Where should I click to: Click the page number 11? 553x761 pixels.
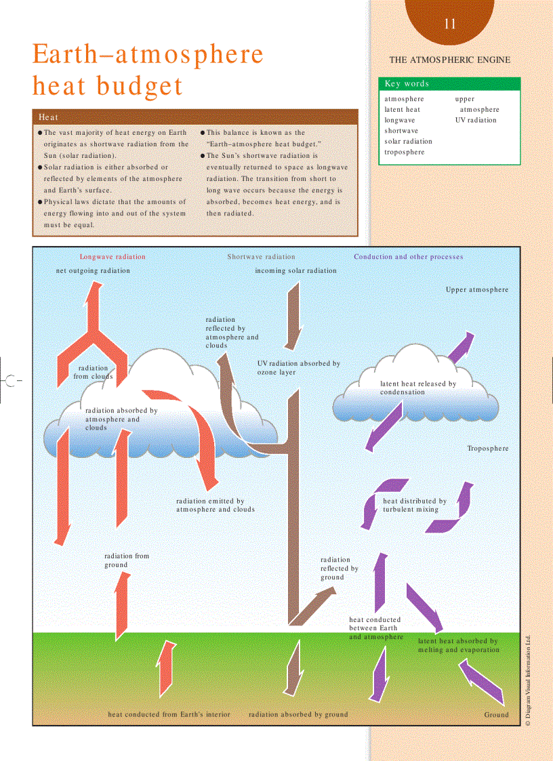451,24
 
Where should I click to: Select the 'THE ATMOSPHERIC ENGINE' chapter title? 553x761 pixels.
450,60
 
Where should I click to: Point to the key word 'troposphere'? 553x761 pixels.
405,152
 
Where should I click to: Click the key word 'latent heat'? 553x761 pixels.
403,109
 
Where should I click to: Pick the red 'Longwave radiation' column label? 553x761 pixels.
112,257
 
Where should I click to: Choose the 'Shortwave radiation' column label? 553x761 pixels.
262,257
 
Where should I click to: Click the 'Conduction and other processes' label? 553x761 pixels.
409,257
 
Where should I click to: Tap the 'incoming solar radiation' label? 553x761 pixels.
295,270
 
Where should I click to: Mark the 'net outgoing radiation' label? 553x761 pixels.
93,270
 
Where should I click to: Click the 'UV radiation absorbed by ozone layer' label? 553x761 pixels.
299,368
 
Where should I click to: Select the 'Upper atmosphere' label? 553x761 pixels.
477,289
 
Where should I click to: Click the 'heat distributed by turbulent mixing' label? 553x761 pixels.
415,505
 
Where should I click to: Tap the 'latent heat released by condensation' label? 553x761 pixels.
418,388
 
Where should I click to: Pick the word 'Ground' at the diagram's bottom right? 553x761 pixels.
496,714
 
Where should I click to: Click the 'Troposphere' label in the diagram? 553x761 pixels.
487,449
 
